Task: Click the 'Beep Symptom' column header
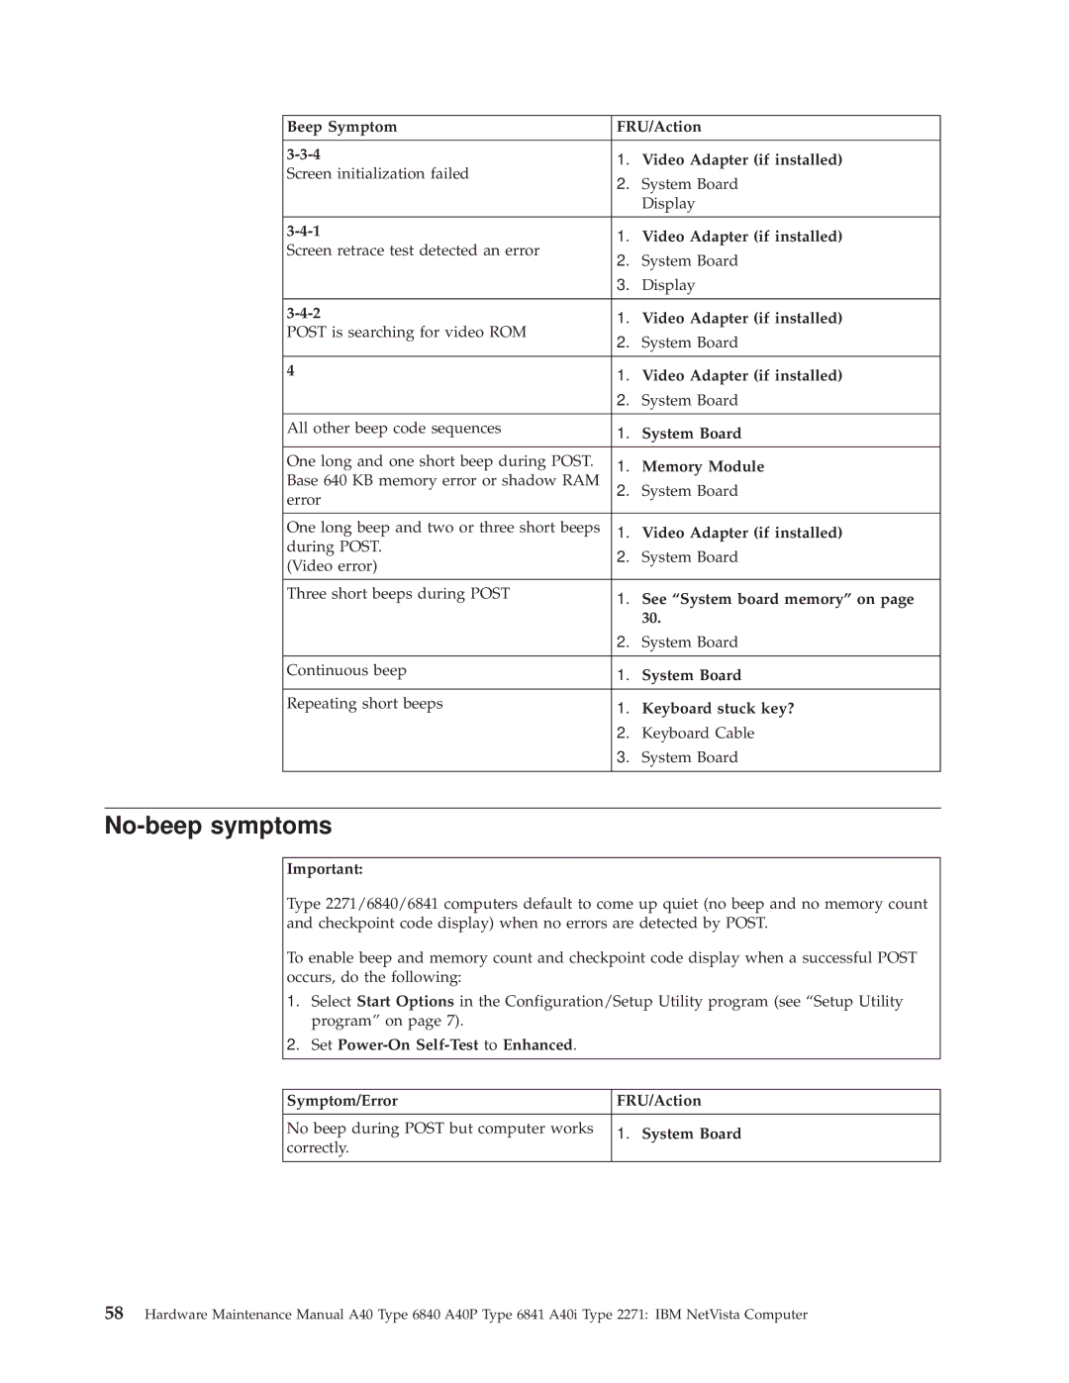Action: (341, 127)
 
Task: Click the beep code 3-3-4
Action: (303, 154)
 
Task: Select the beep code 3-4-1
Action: (303, 231)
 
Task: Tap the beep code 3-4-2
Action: (303, 313)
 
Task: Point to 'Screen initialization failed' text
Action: (377, 174)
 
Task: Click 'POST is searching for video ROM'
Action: (406, 333)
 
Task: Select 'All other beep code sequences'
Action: (394, 429)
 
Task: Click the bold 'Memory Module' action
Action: (703, 466)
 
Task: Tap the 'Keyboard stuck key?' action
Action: (718, 709)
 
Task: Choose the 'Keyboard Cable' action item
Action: (698, 734)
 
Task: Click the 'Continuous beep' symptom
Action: (346, 671)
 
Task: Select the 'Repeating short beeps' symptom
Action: (364, 704)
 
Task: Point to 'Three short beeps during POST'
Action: (398, 594)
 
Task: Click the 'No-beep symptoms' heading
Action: (219, 826)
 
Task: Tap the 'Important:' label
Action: (325, 869)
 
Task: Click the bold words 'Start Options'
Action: (405, 1002)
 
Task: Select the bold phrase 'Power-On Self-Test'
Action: (408, 1045)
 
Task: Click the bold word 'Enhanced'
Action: (537, 1045)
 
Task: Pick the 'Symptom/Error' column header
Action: (341, 1101)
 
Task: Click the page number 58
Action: (115, 1314)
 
